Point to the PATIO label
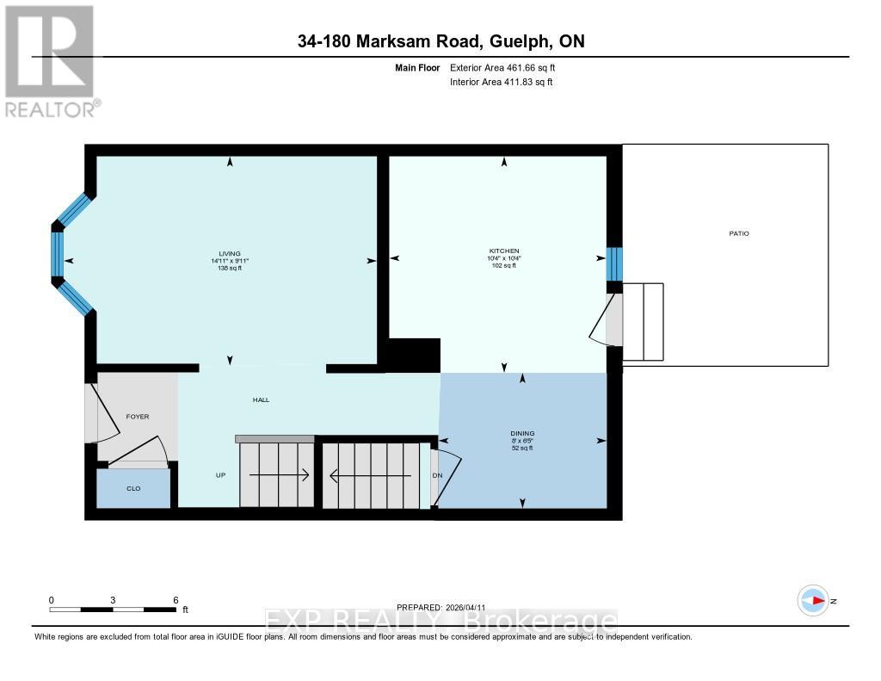point(738,233)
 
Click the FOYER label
point(138,417)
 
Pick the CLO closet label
point(133,488)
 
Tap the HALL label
point(261,399)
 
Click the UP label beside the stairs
point(220,475)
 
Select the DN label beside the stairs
point(437,475)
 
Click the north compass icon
point(813,600)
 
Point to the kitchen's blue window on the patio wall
point(613,264)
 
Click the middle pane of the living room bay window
point(58,254)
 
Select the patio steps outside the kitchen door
point(643,322)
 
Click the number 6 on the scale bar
point(176,600)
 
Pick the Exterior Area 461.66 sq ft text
point(508,67)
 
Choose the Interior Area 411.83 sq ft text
point(501,82)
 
